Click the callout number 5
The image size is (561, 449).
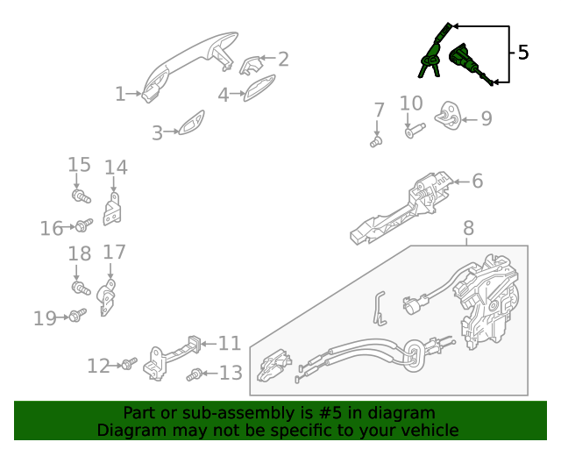tap(523, 53)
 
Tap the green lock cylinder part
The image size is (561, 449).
tap(465, 61)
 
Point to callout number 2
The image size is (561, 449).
tap(283, 60)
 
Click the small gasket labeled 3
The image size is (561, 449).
tap(189, 124)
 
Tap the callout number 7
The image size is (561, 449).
tap(379, 110)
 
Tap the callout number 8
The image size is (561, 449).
tap(468, 229)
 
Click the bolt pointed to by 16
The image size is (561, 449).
tap(82, 226)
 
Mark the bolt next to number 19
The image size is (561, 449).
tap(76, 315)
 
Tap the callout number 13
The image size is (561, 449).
tap(231, 374)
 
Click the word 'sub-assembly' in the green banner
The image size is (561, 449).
tap(215, 413)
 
